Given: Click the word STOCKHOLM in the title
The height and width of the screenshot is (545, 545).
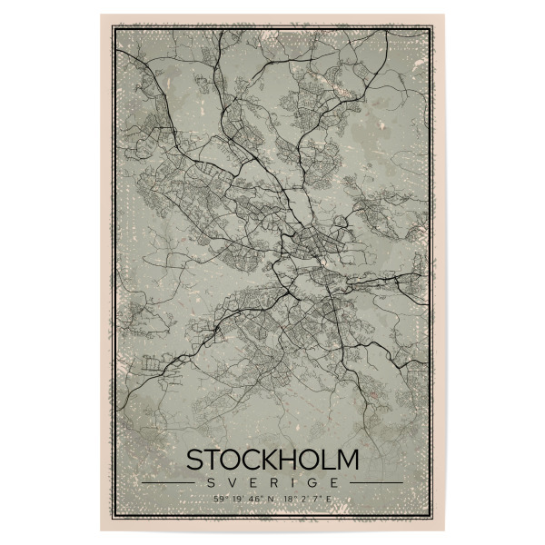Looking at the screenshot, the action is (x=272, y=459).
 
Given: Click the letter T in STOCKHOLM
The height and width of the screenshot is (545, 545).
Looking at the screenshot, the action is (x=210, y=459).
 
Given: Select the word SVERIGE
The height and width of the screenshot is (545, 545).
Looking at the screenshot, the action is (x=272, y=482).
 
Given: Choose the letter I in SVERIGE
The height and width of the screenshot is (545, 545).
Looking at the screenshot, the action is (x=296, y=482).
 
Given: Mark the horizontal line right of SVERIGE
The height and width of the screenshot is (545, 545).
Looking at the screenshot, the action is (x=376, y=482).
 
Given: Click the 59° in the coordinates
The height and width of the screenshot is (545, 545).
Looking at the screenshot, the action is (x=218, y=499).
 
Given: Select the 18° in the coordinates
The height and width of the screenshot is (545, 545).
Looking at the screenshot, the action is (x=291, y=499).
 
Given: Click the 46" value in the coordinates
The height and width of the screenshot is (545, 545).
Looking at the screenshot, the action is (x=251, y=499).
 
